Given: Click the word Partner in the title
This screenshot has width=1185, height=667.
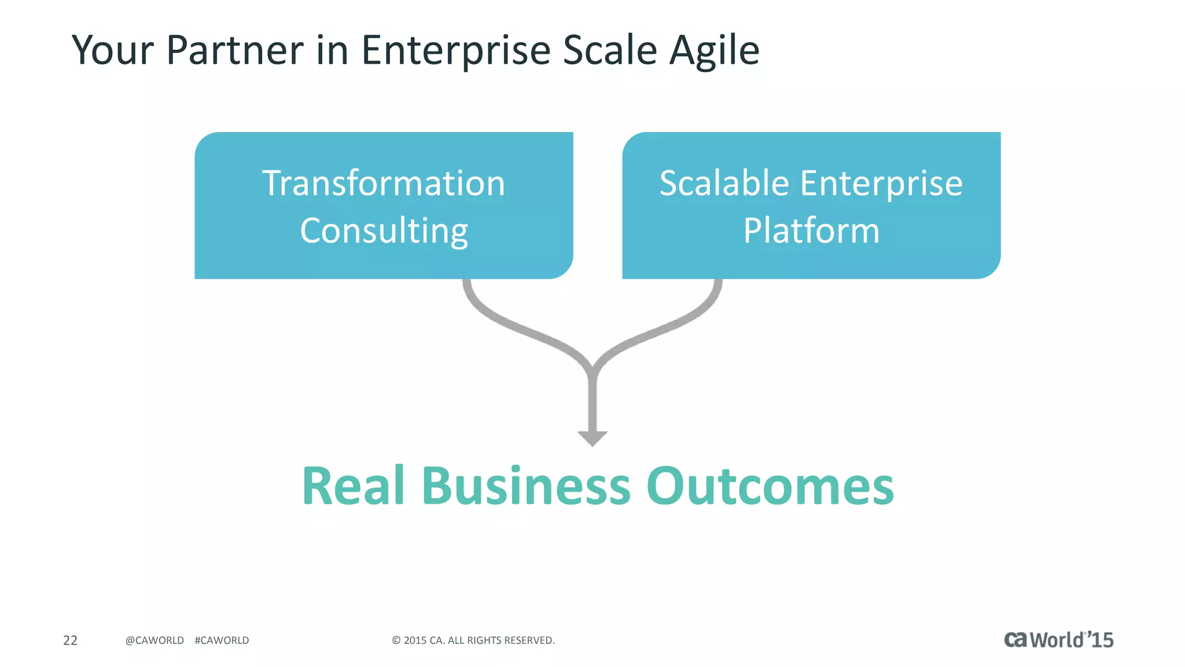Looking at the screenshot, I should (x=234, y=50).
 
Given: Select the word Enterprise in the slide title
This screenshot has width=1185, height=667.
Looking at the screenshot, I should (x=456, y=50).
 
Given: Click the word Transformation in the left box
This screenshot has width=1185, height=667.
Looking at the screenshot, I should (x=384, y=184).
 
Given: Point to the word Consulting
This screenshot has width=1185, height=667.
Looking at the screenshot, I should (x=384, y=231).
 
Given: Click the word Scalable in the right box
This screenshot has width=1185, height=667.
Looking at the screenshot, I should (x=724, y=184).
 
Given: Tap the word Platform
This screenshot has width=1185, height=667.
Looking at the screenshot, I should (x=811, y=231).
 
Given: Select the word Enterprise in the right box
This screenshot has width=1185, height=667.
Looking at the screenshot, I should (x=881, y=184).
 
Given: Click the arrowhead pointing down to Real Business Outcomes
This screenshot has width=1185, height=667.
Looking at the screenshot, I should (x=592, y=438).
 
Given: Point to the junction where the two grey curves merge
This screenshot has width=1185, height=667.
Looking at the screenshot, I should (x=592, y=371).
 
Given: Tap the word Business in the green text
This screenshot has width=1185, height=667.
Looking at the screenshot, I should (x=525, y=486).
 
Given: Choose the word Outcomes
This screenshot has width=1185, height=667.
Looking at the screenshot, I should (x=770, y=486).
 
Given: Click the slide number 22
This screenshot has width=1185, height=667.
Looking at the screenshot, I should (x=70, y=640).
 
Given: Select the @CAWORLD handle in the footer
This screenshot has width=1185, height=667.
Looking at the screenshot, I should (x=154, y=640).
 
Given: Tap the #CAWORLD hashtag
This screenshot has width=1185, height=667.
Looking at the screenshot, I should (x=222, y=640).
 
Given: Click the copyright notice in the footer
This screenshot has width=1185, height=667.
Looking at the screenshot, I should (x=473, y=640).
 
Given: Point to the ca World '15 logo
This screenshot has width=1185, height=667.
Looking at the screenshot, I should (x=1058, y=640).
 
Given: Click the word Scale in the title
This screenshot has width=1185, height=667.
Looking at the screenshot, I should (x=610, y=50).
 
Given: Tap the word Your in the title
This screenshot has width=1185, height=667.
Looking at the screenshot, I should (x=113, y=50).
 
